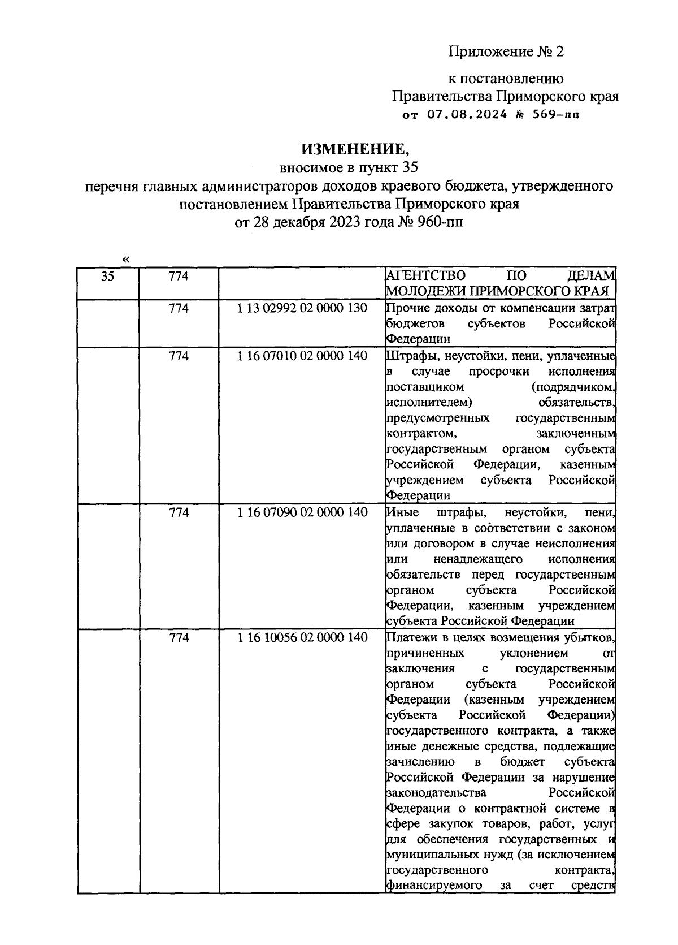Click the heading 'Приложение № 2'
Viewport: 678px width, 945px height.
click(x=506, y=52)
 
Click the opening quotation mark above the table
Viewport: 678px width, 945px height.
click(x=125, y=259)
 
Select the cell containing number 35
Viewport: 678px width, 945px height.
click(x=107, y=277)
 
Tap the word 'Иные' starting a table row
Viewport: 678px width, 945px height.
click(x=402, y=513)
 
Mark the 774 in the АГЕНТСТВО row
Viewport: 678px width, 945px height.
click(x=179, y=277)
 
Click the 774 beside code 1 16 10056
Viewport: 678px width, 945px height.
click(x=179, y=638)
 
